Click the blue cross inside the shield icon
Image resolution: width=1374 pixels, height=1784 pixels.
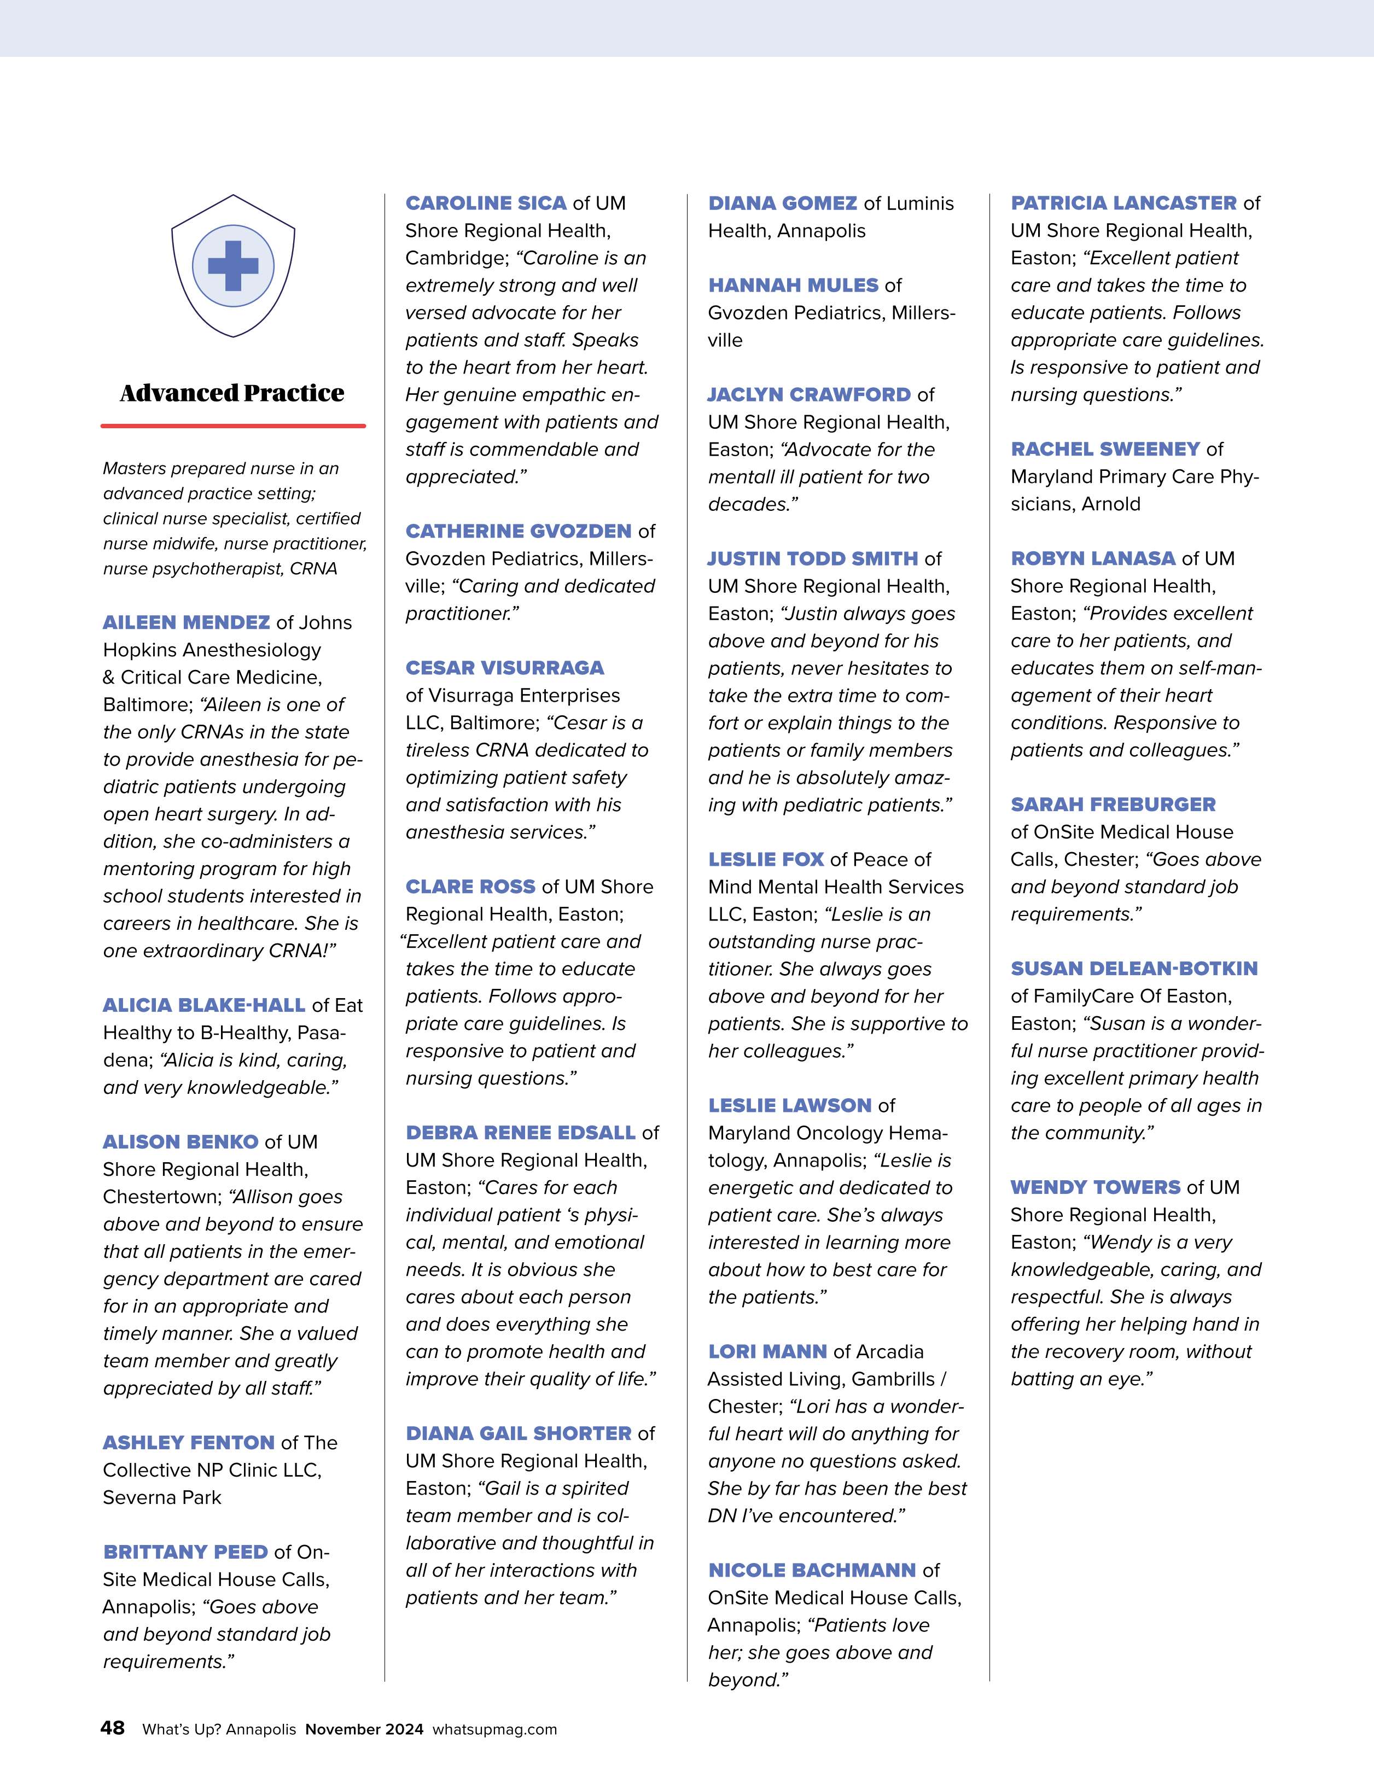[x=233, y=265]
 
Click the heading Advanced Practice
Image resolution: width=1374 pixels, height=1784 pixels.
[x=232, y=393]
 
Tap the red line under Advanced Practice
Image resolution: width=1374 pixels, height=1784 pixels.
[x=233, y=425]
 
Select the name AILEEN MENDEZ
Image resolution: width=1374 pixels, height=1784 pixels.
[x=187, y=622]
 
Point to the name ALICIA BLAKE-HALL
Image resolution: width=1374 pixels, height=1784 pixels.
[x=204, y=1006]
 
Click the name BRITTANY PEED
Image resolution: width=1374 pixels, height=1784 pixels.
[x=185, y=1552]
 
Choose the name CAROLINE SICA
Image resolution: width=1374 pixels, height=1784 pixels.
[x=486, y=203]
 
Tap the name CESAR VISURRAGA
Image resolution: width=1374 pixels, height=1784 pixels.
[x=505, y=668]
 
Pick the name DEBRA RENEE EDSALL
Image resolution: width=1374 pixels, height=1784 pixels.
[x=520, y=1133]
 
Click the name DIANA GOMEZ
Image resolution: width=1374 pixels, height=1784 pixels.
[x=783, y=203]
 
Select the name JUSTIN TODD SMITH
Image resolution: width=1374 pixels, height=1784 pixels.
[x=813, y=559]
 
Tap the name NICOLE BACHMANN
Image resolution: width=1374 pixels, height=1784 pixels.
[x=812, y=1570]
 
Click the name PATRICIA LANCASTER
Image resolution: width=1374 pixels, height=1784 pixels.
[x=1124, y=203]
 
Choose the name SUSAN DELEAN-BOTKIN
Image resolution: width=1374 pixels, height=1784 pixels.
[x=1134, y=969]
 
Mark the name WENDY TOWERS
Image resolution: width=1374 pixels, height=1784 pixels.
[x=1096, y=1188]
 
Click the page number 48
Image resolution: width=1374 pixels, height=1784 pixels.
[x=113, y=1728]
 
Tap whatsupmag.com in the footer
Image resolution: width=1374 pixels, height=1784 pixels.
[x=494, y=1729]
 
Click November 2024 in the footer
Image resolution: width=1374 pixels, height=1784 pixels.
[x=364, y=1729]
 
